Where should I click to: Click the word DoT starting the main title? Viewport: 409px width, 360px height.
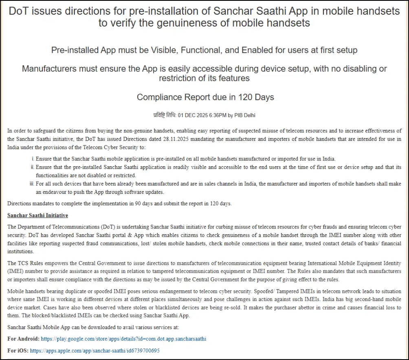pyautogui.click(x=19, y=11)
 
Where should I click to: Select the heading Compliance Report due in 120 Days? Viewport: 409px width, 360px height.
pyautogui.click(x=205, y=97)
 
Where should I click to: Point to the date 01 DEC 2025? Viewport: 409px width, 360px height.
pyautogui.click(x=192, y=115)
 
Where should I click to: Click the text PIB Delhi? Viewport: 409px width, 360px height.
pyautogui.click(x=246, y=115)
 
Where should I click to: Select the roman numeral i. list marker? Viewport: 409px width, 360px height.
pyautogui.click(x=33, y=159)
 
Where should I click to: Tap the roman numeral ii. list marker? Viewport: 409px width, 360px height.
pyautogui.click(x=32, y=167)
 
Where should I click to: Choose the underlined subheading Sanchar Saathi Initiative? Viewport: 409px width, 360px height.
pyautogui.click(x=38, y=215)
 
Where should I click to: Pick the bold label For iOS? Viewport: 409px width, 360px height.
pyautogui.click(x=18, y=350)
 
